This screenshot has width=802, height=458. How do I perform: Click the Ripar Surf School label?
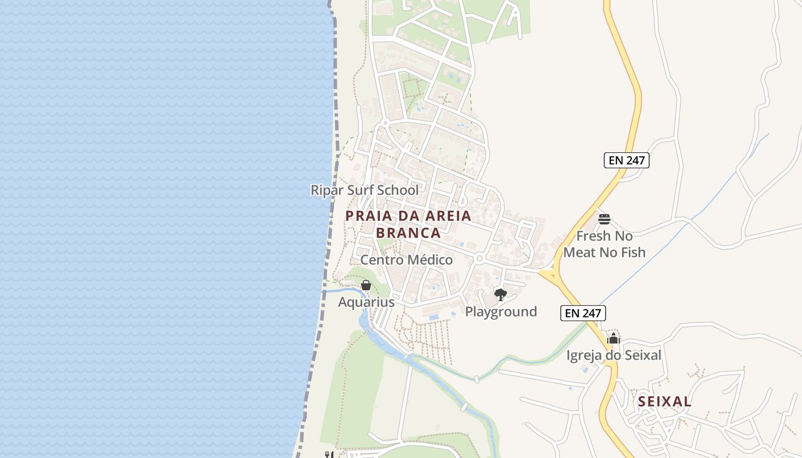pyautogui.click(x=364, y=190)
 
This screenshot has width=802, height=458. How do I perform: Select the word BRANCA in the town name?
pyautogui.click(x=408, y=233)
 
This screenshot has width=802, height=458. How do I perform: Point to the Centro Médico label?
pyautogui.click(x=406, y=260)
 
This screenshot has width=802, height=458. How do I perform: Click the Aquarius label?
pyautogui.click(x=366, y=302)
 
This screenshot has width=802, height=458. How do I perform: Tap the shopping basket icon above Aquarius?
pyautogui.click(x=366, y=285)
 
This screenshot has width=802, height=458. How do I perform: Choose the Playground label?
pyautogui.click(x=501, y=311)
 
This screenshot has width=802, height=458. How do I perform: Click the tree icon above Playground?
pyautogui.click(x=501, y=295)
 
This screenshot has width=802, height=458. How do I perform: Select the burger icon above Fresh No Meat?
pyautogui.click(x=604, y=219)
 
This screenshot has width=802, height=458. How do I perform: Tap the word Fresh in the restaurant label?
pyautogui.click(x=596, y=236)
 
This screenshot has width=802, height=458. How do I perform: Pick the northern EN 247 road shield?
pyautogui.click(x=627, y=160)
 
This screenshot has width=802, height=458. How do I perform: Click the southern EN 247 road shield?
pyautogui.click(x=583, y=313)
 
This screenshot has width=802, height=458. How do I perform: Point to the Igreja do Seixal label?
pyautogui.click(x=614, y=355)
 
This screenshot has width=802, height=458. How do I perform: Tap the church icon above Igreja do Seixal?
pyautogui.click(x=614, y=338)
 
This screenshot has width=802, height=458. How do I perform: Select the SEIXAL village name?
pyautogui.click(x=665, y=401)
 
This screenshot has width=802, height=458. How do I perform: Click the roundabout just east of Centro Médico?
pyautogui.click(x=479, y=259)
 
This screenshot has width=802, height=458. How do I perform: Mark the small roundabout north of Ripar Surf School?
pyautogui.click(x=386, y=123)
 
